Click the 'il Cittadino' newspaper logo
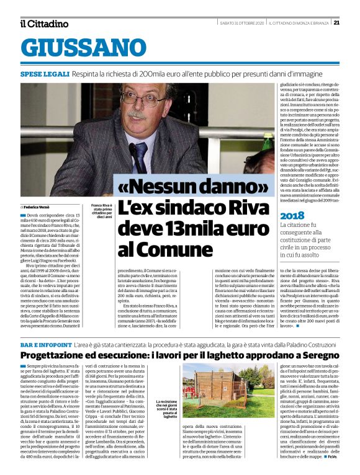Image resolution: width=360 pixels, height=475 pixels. [x=44, y=24]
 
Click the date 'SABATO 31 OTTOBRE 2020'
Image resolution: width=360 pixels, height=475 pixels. [x=243, y=23]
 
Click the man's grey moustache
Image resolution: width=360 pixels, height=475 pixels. [x=137, y=115]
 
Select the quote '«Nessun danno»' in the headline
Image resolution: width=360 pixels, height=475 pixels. [x=185, y=185]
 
